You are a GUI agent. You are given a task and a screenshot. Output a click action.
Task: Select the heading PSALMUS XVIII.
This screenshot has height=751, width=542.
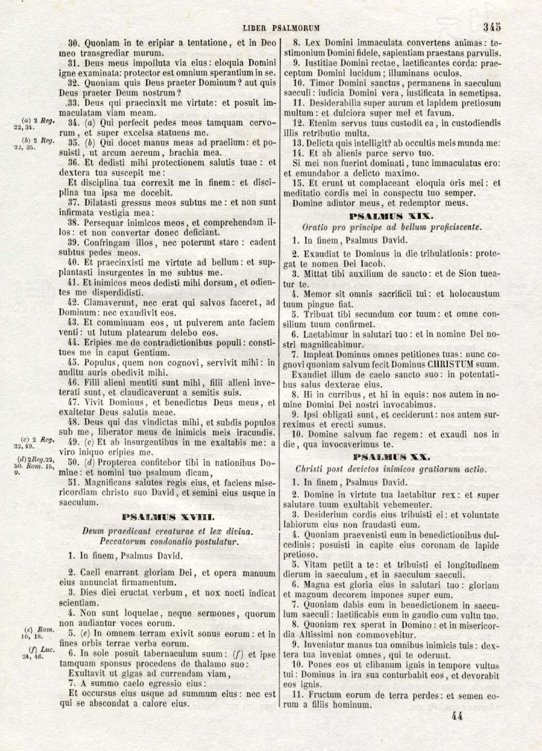169,517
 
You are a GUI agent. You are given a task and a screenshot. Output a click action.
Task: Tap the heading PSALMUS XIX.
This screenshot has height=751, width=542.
391,216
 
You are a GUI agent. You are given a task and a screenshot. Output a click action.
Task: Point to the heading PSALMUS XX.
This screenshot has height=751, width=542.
391,457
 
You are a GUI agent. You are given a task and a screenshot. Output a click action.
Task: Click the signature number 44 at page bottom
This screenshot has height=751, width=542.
455,716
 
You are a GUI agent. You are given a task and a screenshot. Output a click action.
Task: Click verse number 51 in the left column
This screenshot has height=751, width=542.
73,483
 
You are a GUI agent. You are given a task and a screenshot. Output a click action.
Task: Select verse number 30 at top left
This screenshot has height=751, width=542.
73,43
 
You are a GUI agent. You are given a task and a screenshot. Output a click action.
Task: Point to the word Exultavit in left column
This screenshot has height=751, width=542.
86,674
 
